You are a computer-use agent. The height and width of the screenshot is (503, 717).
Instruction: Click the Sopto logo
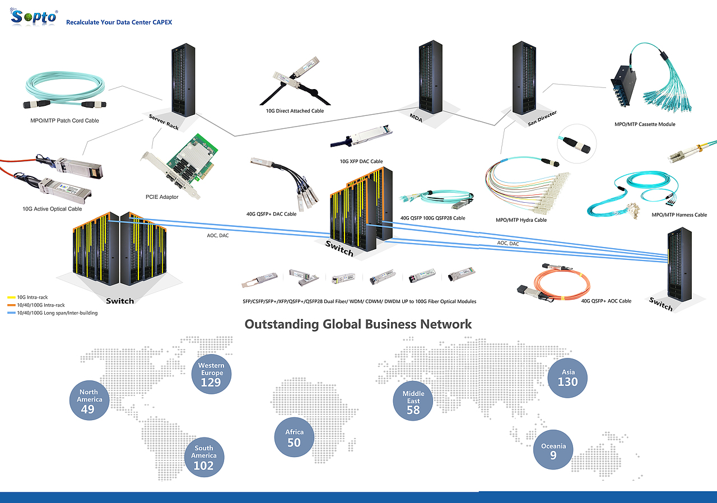tap(34, 17)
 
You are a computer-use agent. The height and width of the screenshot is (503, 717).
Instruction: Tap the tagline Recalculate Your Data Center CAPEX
tap(119, 22)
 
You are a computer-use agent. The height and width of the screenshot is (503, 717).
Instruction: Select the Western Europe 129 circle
tap(211, 374)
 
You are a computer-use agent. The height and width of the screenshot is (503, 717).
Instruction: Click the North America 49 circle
tap(89, 400)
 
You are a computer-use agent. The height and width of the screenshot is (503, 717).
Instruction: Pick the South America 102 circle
tap(204, 457)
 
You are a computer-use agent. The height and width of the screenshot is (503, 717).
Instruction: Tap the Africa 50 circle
tap(294, 437)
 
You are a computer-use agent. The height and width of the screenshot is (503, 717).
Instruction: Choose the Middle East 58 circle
tap(413, 400)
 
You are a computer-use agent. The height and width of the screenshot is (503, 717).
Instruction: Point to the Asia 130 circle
tap(567, 378)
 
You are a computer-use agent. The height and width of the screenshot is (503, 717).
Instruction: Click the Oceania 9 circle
tap(553, 450)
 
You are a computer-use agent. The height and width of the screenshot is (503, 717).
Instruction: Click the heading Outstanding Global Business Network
tap(358, 324)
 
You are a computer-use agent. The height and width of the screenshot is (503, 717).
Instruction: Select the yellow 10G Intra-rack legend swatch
tap(12, 297)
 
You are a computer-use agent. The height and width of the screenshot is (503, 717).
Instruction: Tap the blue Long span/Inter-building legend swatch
tap(12, 313)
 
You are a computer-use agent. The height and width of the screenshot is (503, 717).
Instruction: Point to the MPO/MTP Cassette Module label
tap(645, 124)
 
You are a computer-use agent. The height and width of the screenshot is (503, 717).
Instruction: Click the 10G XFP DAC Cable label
tap(361, 161)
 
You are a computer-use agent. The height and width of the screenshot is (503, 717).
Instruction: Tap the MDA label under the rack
tap(416, 118)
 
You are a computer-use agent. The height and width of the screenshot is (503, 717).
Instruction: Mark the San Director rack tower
tap(524, 78)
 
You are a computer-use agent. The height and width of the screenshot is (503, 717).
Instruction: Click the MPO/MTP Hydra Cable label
tap(521, 220)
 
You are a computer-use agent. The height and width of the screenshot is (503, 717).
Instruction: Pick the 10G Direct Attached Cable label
tap(295, 111)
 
